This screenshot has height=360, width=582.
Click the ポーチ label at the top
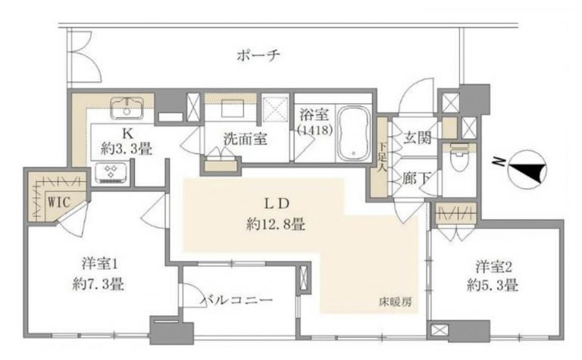point(258,55)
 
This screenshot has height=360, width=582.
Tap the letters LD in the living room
point(274,202)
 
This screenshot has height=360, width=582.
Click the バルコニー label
point(236,301)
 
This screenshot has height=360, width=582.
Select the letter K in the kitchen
point(127,132)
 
